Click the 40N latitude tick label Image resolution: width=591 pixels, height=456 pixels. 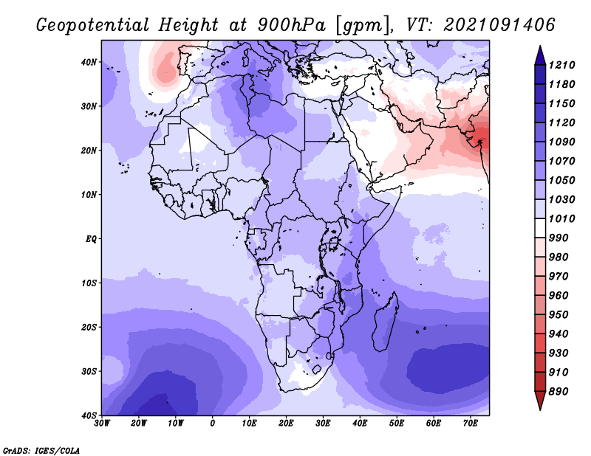pos(89,62)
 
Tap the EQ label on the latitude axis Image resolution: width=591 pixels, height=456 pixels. pos(91,239)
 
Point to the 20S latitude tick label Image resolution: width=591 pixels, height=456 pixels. pos(89,327)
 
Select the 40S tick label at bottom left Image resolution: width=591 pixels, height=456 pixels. pos(89,415)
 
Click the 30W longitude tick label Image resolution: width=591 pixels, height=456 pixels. pos(102,424)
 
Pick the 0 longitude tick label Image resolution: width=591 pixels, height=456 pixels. pos(213,424)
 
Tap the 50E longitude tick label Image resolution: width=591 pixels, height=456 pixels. pos(397,424)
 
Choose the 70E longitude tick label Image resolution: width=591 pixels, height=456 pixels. pos(471,424)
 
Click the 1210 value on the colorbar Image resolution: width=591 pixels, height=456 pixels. pos(561,65)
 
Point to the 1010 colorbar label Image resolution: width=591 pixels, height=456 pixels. pos(561,218)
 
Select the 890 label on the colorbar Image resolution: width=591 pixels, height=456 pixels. pos(558,392)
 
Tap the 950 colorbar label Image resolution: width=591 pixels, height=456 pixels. pos(558,315)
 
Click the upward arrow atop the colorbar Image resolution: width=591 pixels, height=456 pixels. pos(540,56)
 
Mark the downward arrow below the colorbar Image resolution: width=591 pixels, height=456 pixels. pos(540,401)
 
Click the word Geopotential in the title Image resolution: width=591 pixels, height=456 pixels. pos(93,25)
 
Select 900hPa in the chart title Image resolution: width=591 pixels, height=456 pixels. pos(292,25)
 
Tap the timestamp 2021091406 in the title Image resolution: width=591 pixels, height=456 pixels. pos(499,25)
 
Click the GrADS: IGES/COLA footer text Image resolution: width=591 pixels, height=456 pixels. pos(41,450)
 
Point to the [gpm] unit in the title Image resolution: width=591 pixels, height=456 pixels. pos(362,26)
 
